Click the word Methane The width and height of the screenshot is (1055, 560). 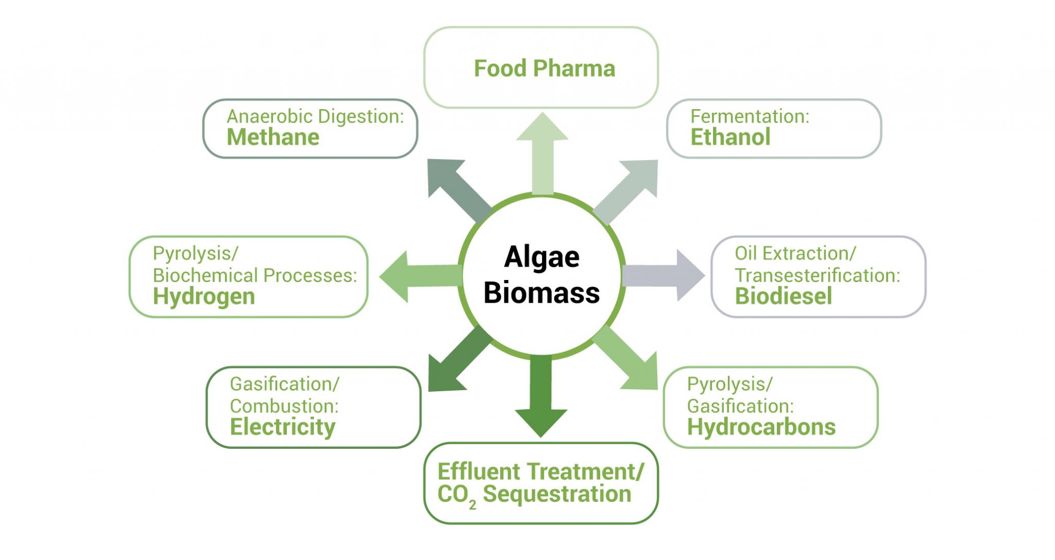(273, 137)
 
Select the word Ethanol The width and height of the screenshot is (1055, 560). (730, 137)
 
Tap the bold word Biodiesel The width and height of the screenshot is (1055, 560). (784, 296)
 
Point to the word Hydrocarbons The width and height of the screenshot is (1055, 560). (761, 427)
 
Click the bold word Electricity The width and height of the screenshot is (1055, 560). (283, 427)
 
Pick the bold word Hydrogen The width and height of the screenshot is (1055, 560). (204, 296)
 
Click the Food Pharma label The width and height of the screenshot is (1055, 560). (544, 68)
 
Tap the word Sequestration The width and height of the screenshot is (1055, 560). (557, 494)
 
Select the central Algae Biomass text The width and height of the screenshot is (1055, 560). (542, 275)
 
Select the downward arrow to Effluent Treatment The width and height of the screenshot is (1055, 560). (541, 396)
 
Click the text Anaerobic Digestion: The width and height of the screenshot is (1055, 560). (315, 117)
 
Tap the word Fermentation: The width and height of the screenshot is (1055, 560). (750, 117)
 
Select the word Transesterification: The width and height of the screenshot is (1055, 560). (817, 275)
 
